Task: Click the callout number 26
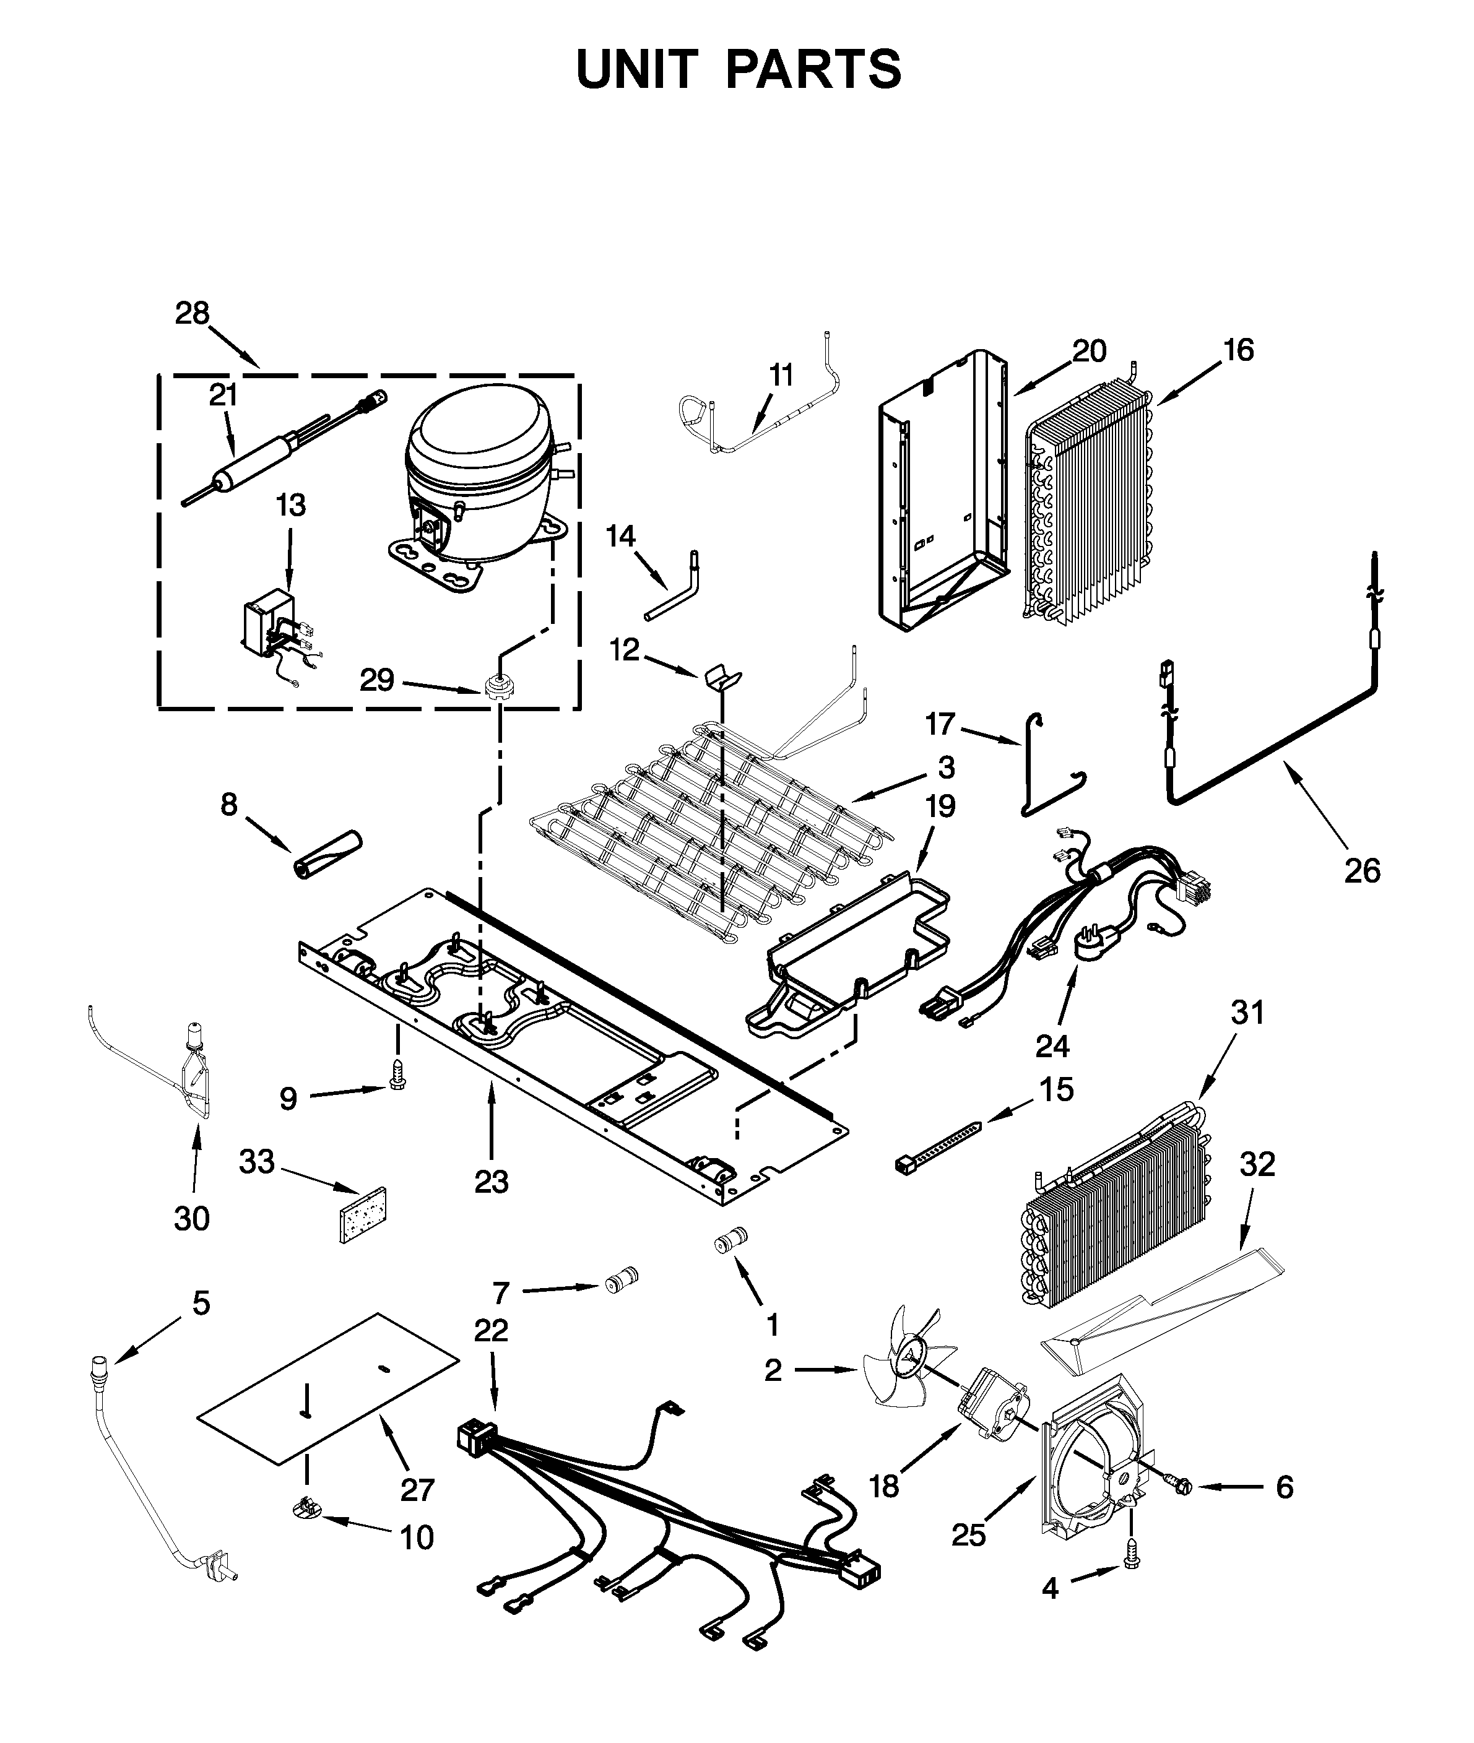point(1362,871)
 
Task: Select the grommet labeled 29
point(499,688)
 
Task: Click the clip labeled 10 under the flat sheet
point(309,1531)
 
